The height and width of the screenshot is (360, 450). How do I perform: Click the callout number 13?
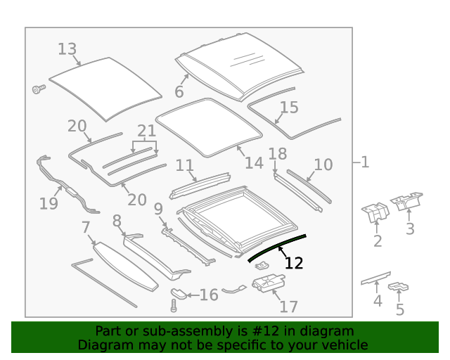67,49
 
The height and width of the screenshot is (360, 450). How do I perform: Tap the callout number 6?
179,92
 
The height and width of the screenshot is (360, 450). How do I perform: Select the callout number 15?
289,108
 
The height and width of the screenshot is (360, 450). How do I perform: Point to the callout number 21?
146,131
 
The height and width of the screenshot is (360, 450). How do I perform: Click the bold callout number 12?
293,263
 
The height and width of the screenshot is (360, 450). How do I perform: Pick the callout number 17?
288,307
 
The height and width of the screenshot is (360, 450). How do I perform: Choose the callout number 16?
209,295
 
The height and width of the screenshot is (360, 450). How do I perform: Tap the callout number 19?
48,204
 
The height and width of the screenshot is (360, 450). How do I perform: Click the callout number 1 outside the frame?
364,162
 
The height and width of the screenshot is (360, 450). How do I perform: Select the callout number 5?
399,309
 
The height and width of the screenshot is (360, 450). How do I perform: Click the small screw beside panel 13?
38,89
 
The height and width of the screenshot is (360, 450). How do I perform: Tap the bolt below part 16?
174,305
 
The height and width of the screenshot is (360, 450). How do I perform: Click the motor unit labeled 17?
267,283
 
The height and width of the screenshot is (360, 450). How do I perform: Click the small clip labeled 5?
399,287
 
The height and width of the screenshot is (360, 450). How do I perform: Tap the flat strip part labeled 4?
375,278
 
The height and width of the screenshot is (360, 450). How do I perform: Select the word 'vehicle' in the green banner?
345,345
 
